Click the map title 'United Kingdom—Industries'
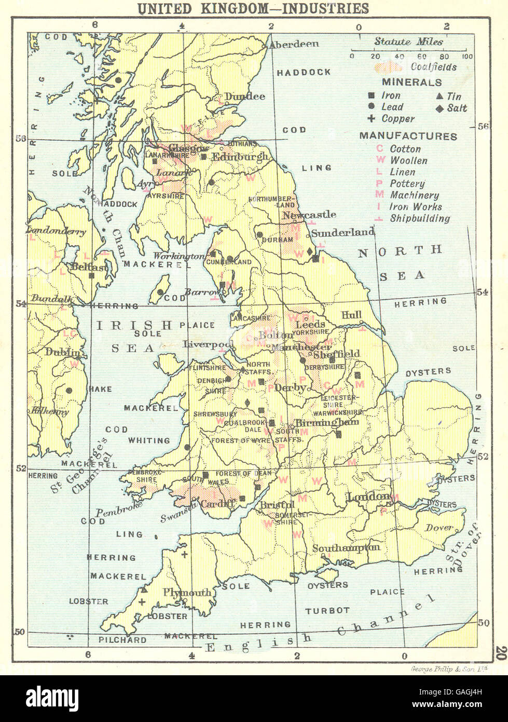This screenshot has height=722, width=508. click(253, 8)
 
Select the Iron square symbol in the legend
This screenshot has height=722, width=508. click(371, 96)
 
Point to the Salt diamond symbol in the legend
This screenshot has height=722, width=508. click(439, 108)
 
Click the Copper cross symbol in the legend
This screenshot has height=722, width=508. click(371, 119)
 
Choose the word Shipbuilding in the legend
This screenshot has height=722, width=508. click(420, 219)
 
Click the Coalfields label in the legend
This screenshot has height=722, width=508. click(433, 67)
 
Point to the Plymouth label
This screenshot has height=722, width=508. click(187, 593)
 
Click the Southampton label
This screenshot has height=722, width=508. click(346, 547)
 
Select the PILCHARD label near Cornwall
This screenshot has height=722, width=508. click(122, 640)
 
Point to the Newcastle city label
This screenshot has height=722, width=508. click(309, 215)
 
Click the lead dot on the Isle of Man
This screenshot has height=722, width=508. click(161, 292)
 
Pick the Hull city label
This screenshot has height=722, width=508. click(351, 315)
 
